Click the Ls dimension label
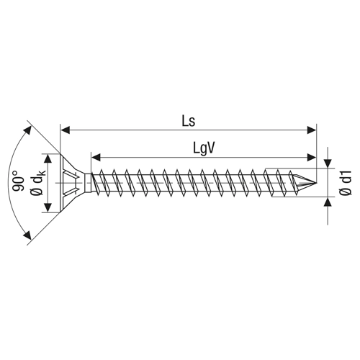tap(189, 121)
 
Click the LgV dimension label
tap(204, 149)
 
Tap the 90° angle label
tap(18, 181)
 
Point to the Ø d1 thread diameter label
tap(346, 182)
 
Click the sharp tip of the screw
tap(317, 183)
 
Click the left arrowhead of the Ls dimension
tap(66, 130)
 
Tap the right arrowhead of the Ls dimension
tap(312, 130)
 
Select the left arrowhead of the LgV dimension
tap(96, 158)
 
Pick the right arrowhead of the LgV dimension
tap(312, 158)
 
